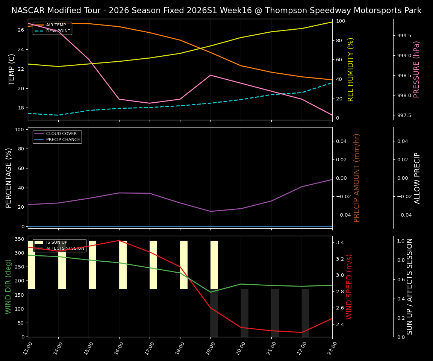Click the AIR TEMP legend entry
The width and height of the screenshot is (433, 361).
tap(56, 25)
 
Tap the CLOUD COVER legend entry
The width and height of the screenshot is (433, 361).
tap(61, 134)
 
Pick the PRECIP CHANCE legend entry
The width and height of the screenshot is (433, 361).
tap(63, 140)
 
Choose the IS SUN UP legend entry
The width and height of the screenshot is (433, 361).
tap(56, 243)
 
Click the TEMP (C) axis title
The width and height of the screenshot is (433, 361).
tap(12, 69)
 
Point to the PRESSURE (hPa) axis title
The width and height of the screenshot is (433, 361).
tap(416, 69)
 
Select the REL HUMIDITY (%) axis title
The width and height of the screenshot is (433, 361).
tap(351, 69)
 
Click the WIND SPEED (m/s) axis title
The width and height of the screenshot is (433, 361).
tap(350, 287)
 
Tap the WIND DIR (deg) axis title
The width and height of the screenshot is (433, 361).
tap(8, 287)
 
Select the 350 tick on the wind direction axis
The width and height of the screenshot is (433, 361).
tap(20, 239)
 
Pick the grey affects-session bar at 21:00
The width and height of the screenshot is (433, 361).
tap(275, 312)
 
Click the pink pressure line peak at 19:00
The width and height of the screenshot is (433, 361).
tap(210, 75)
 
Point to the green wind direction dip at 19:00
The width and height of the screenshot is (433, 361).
tap(210, 292)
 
